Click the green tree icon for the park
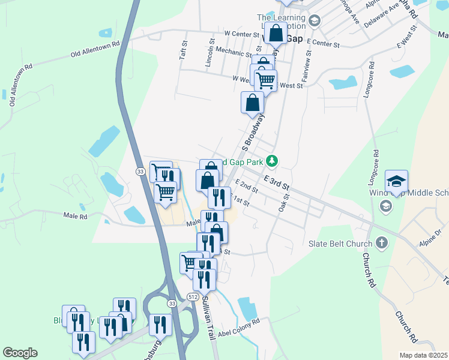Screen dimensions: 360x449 tap(272, 161)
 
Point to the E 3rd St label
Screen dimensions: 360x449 tap(276, 179)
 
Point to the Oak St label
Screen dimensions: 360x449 tap(283, 202)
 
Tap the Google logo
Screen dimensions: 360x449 tap(20, 353)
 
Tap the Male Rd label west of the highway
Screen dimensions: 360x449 tap(76, 215)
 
